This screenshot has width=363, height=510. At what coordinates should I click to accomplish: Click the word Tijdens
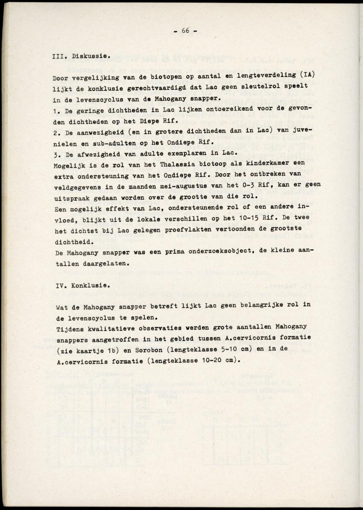[71, 327]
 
